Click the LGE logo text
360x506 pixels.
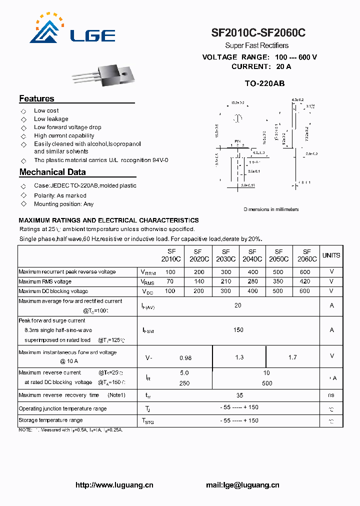pyautogui.click(x=93, y=35)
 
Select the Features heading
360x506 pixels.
pyautogui.click(x=36, y=98)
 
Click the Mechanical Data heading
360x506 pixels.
pyautogui.click(x=52, y=172)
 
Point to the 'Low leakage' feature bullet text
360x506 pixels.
pyautogui.click(x=51, y=119)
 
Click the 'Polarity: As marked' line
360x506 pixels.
pyautogui.click(x=60, y=195)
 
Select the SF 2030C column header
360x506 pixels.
pyautogui.click(x=225, y=255)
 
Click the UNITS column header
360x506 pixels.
pyautogui.click(x=331, y=255)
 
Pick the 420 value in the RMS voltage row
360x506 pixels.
pyautogui.click(x=304, y=281)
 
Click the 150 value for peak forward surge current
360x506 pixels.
pyautogui.click(x=238, y=330)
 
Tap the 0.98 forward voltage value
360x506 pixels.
pyautogui.click(x=185, y=357)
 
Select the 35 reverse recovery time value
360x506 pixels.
pyautogui.click(x=239, y=395)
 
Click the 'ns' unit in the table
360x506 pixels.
pyautogui.click(x=331, y=395)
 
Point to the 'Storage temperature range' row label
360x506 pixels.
pyautogui.click(x=50, y=420)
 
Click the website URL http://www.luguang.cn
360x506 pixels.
pyautogui.click(x=114, y=485)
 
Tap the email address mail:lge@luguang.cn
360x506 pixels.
pyautogui.click(x=242, y=485)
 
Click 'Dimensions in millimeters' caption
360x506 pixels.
pyautogui.click(x=271, y=209)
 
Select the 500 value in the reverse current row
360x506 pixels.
pyautogui.click(x=267, y=383)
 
